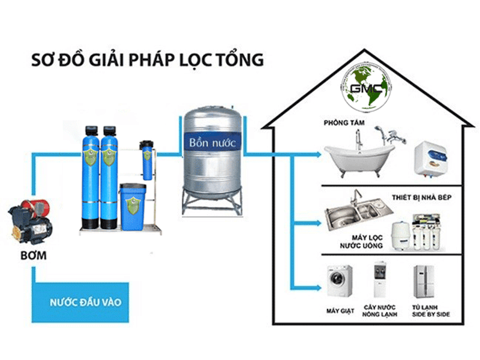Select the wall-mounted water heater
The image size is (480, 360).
tap(430, 156)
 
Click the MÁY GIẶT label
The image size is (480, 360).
tap(337, 311)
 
